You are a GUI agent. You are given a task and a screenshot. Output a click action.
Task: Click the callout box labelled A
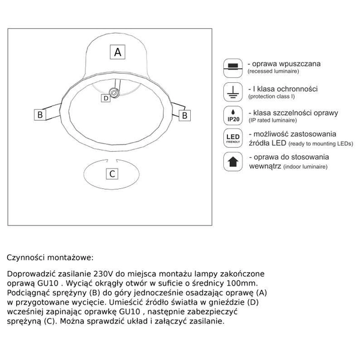pyautogui.click(x=118, y=52)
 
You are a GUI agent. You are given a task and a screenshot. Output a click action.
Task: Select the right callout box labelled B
pyautogui.click(x=185, y=114)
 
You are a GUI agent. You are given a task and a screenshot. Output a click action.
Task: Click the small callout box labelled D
pyautogui.click(x=106, y=97)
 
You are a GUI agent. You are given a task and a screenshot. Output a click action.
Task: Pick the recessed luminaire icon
pyautogui.click(x=232, y=67)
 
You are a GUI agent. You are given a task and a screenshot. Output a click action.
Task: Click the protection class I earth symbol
pyautogui.click(x=232, y=91)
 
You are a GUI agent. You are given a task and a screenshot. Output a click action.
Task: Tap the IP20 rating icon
pyautogui.click(x=232, y=115)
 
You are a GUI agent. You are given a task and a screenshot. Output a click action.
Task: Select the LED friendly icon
pyautogui.click(x=232, y=139)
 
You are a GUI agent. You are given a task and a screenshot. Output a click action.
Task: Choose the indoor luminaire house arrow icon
pyautogui.click(x=232, y=163)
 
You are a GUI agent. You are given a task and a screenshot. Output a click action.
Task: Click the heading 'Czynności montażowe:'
pyautogui.click(x=50, y=257)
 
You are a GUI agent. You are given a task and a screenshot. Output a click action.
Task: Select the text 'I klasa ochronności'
pyautogui.click(x=283, y=88)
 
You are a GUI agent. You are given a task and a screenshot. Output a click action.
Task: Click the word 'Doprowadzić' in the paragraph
pyautogui.click(x=31, y=274)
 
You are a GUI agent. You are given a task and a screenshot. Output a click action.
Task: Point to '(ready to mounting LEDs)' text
pyautogui.click(x=320, y=145)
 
